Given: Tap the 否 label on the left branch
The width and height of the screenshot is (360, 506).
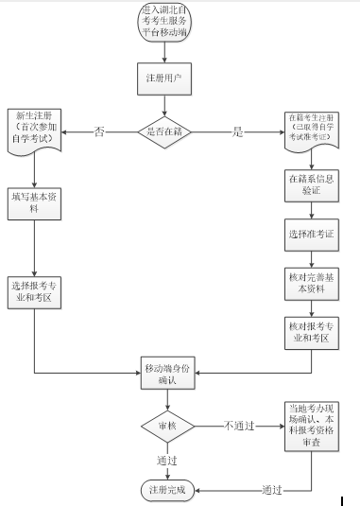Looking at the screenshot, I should (x=99, y=131).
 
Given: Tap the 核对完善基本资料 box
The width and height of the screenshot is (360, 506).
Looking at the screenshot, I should (x=310, y=283).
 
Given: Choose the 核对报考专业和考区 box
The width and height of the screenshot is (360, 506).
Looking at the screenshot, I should (x=310, y=332).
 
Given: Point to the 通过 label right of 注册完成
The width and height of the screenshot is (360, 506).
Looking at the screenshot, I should (x=274, y=489).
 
